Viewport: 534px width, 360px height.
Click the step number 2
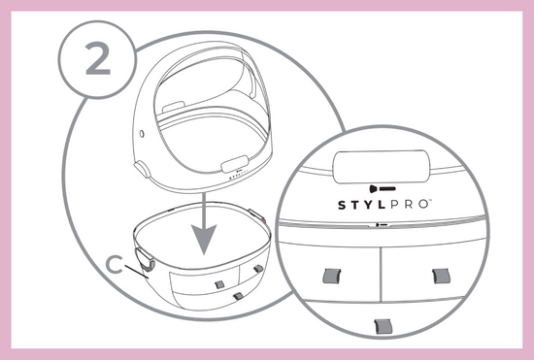[x=98, y=59]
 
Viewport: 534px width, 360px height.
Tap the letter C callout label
[x=115, y=265]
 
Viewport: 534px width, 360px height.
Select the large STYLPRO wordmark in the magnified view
[x=384, y=205]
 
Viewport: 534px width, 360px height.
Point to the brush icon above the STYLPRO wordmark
[x=383, y=188]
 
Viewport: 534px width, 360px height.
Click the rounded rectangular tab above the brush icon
[x=383, y=166]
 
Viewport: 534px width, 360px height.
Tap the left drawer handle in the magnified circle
[x=332, y=276]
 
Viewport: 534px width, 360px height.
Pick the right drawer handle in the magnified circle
[x=441, y=276]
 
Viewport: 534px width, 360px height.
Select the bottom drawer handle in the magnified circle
[x=384, y=326]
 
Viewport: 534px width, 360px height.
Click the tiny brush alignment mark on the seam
[x=383, y=225]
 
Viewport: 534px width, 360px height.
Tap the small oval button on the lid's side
[x=142, y=134]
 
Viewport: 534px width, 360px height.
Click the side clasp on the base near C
[x=145, y=259]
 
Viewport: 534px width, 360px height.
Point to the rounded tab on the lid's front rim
[x=235, y=163]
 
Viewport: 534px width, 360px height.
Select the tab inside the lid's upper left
[x=174, y=107]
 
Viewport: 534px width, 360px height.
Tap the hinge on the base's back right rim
[x=256, y=215]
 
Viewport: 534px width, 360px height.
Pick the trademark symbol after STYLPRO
[x=430, y=201]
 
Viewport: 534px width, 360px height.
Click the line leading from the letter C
[x=137, y=272]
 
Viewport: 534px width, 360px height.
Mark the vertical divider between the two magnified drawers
[x=381, y=275]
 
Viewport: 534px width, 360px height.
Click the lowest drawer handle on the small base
[x=239, y=296]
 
